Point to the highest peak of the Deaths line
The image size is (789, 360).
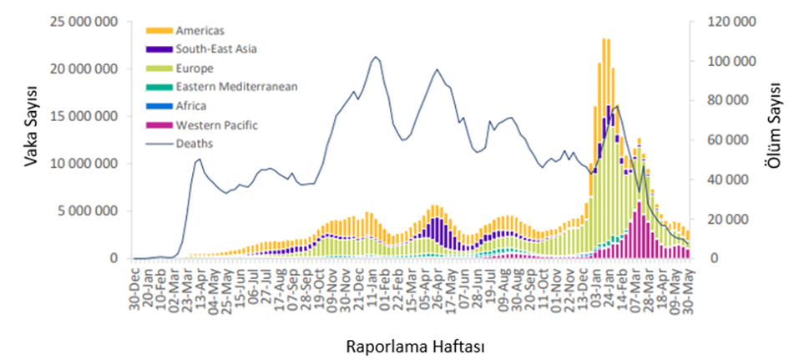click(376, 57)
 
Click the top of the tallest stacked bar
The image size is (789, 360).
click(604, 38)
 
